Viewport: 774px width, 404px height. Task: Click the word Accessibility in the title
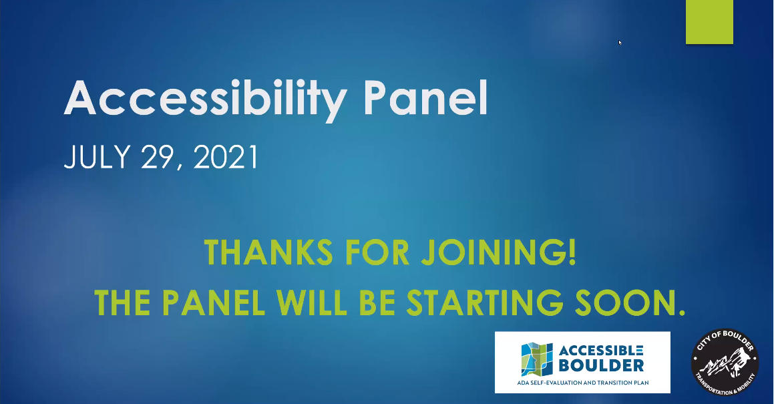205,99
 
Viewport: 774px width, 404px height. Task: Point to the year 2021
226,157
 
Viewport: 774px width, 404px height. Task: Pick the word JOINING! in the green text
499,252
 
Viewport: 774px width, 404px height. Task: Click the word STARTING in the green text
484,302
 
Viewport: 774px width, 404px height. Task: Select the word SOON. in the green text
630,302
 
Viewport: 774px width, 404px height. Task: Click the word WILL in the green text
312,302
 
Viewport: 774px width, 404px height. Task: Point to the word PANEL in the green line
214,302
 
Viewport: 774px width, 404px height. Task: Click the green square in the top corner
709,22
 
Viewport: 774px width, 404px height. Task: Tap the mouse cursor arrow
620,43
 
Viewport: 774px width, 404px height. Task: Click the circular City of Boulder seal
725,363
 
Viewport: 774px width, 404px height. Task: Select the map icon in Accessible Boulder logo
537,359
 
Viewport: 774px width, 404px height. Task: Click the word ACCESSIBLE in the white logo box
601,351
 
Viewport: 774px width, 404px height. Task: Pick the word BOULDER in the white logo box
601,365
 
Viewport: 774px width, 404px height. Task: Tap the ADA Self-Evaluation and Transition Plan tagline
582,383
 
